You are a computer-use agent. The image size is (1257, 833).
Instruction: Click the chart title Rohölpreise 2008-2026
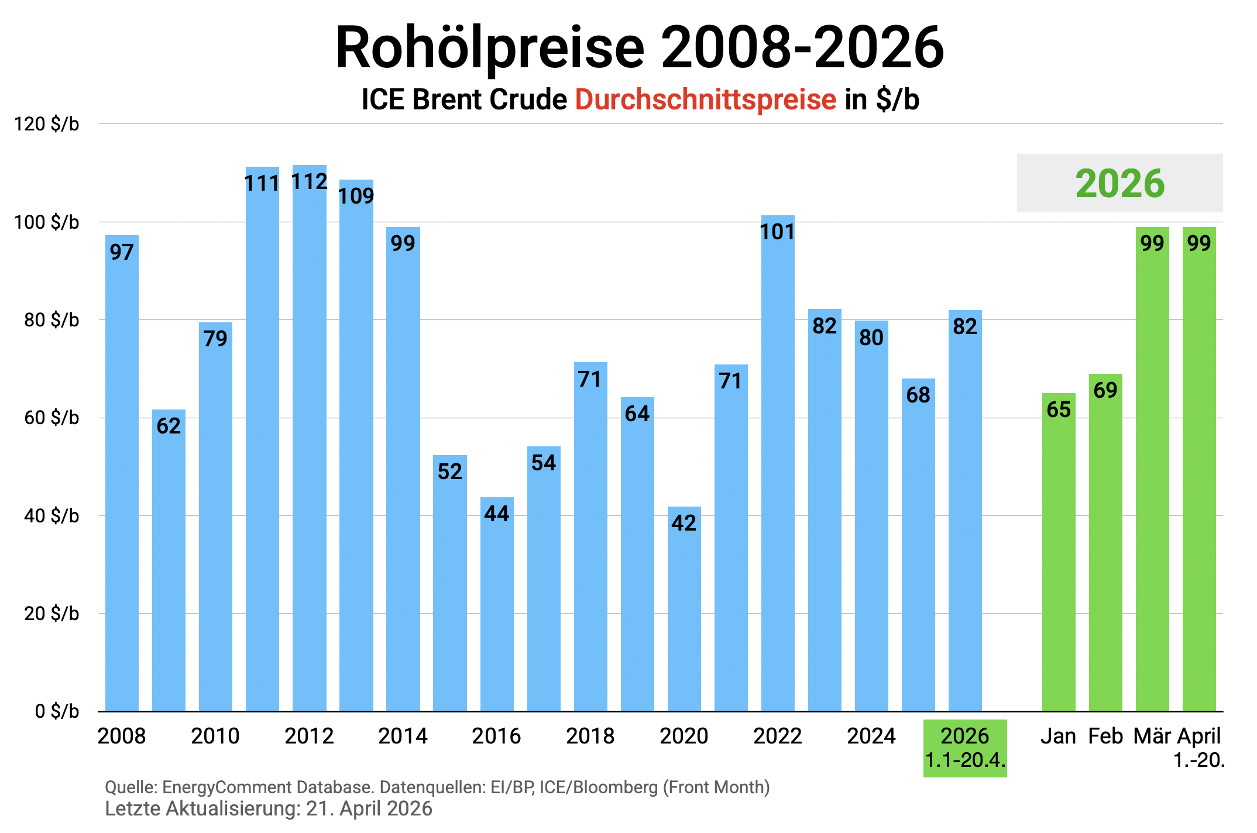(639, 48)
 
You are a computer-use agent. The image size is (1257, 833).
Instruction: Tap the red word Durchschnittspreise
(705, 99)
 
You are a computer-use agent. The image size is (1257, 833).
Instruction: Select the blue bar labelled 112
(309, 439)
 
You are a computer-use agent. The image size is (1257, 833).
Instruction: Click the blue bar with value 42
(684, 608)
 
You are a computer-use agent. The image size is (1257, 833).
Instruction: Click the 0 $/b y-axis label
(57, 711)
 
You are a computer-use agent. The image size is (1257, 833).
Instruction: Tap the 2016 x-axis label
(496, 736)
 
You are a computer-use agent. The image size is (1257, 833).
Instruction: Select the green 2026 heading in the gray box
(1119, 184)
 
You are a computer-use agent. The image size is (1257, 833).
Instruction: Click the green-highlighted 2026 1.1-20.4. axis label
(965, 748)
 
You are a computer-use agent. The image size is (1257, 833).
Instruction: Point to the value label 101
(777, 232)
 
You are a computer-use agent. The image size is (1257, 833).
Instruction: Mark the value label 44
(496, 514)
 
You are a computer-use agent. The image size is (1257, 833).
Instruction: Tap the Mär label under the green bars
(1152, 736)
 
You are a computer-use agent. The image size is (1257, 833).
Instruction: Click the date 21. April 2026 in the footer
(369, 809)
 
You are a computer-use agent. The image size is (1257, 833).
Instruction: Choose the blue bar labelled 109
(356, 445)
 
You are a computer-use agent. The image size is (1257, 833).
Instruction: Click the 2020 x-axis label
(684, 736)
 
